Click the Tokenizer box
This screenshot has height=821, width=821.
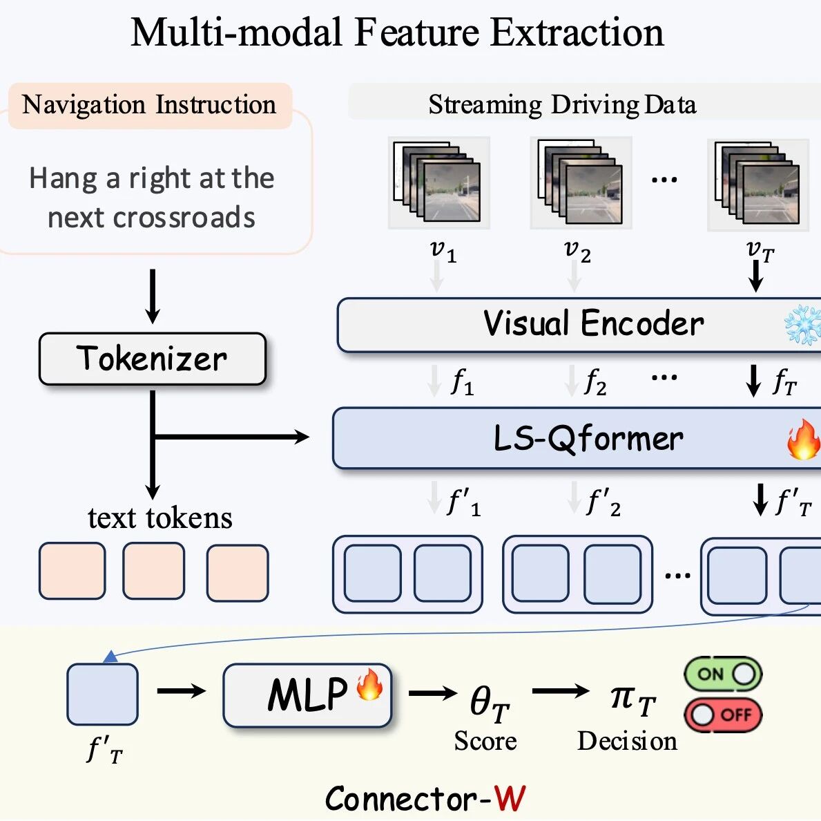(152, 359)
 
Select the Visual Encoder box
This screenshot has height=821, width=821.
(579, 325)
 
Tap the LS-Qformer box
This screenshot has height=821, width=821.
(577, 438)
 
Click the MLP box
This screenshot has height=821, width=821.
(307, 695)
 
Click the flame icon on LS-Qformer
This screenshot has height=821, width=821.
(803, 440)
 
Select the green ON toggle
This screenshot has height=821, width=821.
(723, 674)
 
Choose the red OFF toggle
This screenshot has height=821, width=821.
(723, 715)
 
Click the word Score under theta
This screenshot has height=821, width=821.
(485, 741)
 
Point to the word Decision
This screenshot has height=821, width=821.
(627, 741)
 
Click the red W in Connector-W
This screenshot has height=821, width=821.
(510, 799)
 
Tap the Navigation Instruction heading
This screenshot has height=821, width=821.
(149, 105)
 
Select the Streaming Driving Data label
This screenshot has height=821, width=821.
(562, 105)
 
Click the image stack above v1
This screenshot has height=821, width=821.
(438, 182)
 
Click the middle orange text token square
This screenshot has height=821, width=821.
(153, 572)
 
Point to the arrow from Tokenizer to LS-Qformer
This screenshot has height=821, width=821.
(231, 437)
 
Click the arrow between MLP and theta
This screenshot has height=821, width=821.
(433, 692)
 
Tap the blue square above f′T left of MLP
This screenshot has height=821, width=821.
(102, 694)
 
